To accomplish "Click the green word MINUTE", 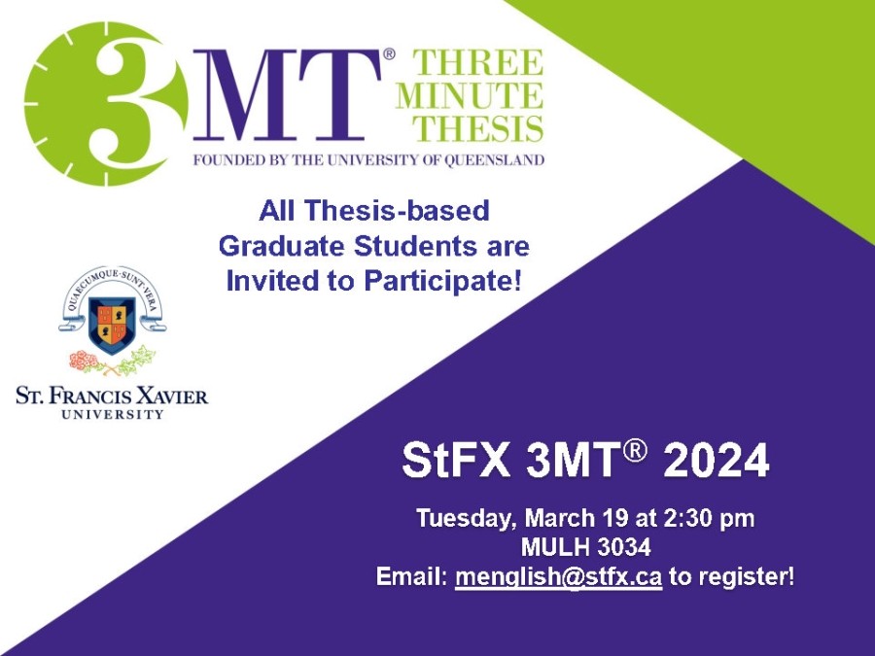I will click(469, 96).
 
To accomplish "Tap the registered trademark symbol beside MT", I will click(389, 54).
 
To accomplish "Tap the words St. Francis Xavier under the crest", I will click(111, 396).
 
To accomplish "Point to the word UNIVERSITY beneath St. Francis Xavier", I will click(112, 414).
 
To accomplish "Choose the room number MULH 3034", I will click(585, 547).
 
